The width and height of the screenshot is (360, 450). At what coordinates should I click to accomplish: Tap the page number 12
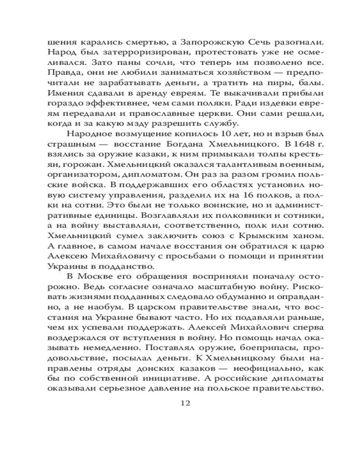click(x=185, y=402)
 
